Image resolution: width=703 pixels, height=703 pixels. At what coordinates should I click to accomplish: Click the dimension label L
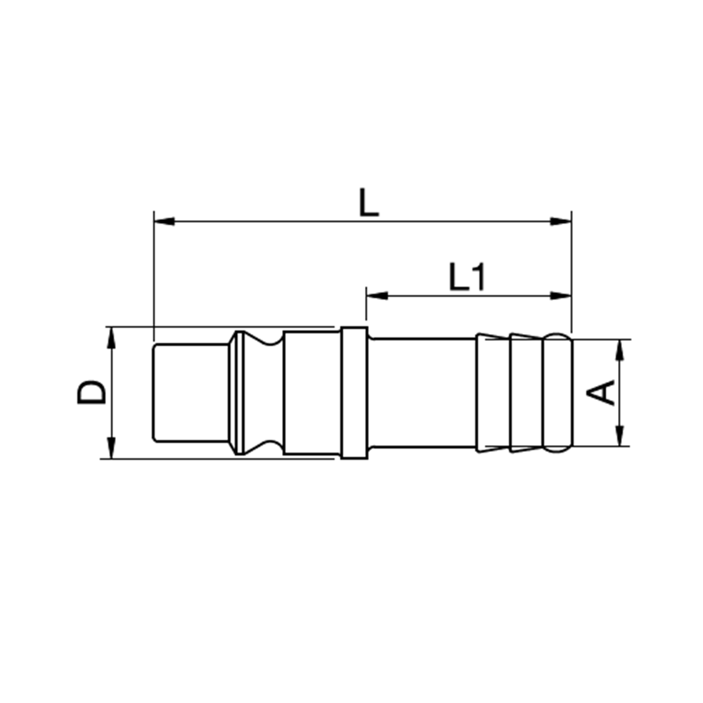[x=369, y=202]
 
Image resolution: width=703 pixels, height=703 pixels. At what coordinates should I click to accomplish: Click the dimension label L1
[x=467, y=277]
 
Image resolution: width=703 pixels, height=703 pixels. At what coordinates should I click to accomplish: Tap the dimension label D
[x=92, y=392]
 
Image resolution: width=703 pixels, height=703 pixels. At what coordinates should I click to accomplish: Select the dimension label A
[x=601, y=392]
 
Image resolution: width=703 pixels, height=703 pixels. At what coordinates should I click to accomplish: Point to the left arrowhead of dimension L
[x=164, y=221]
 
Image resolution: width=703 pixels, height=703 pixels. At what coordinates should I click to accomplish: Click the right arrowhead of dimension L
[x=561, y=221]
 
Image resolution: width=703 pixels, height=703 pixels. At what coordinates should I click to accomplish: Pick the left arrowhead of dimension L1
[x=377, y=295]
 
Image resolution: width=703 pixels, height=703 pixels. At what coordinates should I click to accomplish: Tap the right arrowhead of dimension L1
[x=561, y=295]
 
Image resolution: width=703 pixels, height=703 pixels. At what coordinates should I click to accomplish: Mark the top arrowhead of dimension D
[x=111, y=337]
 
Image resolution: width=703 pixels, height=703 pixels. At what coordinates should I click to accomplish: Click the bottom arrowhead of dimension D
[x=111, y=448]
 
